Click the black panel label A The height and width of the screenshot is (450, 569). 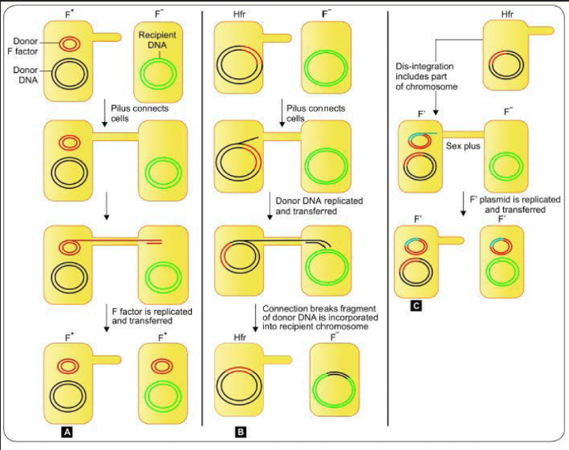[x=67, y=432]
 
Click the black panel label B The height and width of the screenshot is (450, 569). [x=240, y=432]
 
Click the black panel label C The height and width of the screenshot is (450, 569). [x=416, y=306]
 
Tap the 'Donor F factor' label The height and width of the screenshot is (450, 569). [x=23, y=46]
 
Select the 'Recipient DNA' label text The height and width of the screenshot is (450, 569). [x=157, y=40]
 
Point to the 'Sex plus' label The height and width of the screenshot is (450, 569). [x=463, y=146]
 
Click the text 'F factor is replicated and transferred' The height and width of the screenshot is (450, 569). [x=151, y=316]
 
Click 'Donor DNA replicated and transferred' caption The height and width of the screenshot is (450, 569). [x=319, y=206]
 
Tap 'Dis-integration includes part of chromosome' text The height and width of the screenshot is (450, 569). [x=426, y=77]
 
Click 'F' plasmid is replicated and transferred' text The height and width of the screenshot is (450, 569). [x=515, y=204]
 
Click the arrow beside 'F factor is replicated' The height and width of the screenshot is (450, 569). [x=106, y=318]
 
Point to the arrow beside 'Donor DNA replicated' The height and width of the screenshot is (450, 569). [x=270, y=206]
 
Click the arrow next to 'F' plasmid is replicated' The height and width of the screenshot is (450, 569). [x=463, y=204]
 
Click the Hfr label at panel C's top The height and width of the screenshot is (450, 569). [x=507, y=14]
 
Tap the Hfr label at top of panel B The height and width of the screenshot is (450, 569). [x=240, y=15]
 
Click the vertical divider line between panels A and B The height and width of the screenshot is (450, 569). [x=202, y=218]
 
